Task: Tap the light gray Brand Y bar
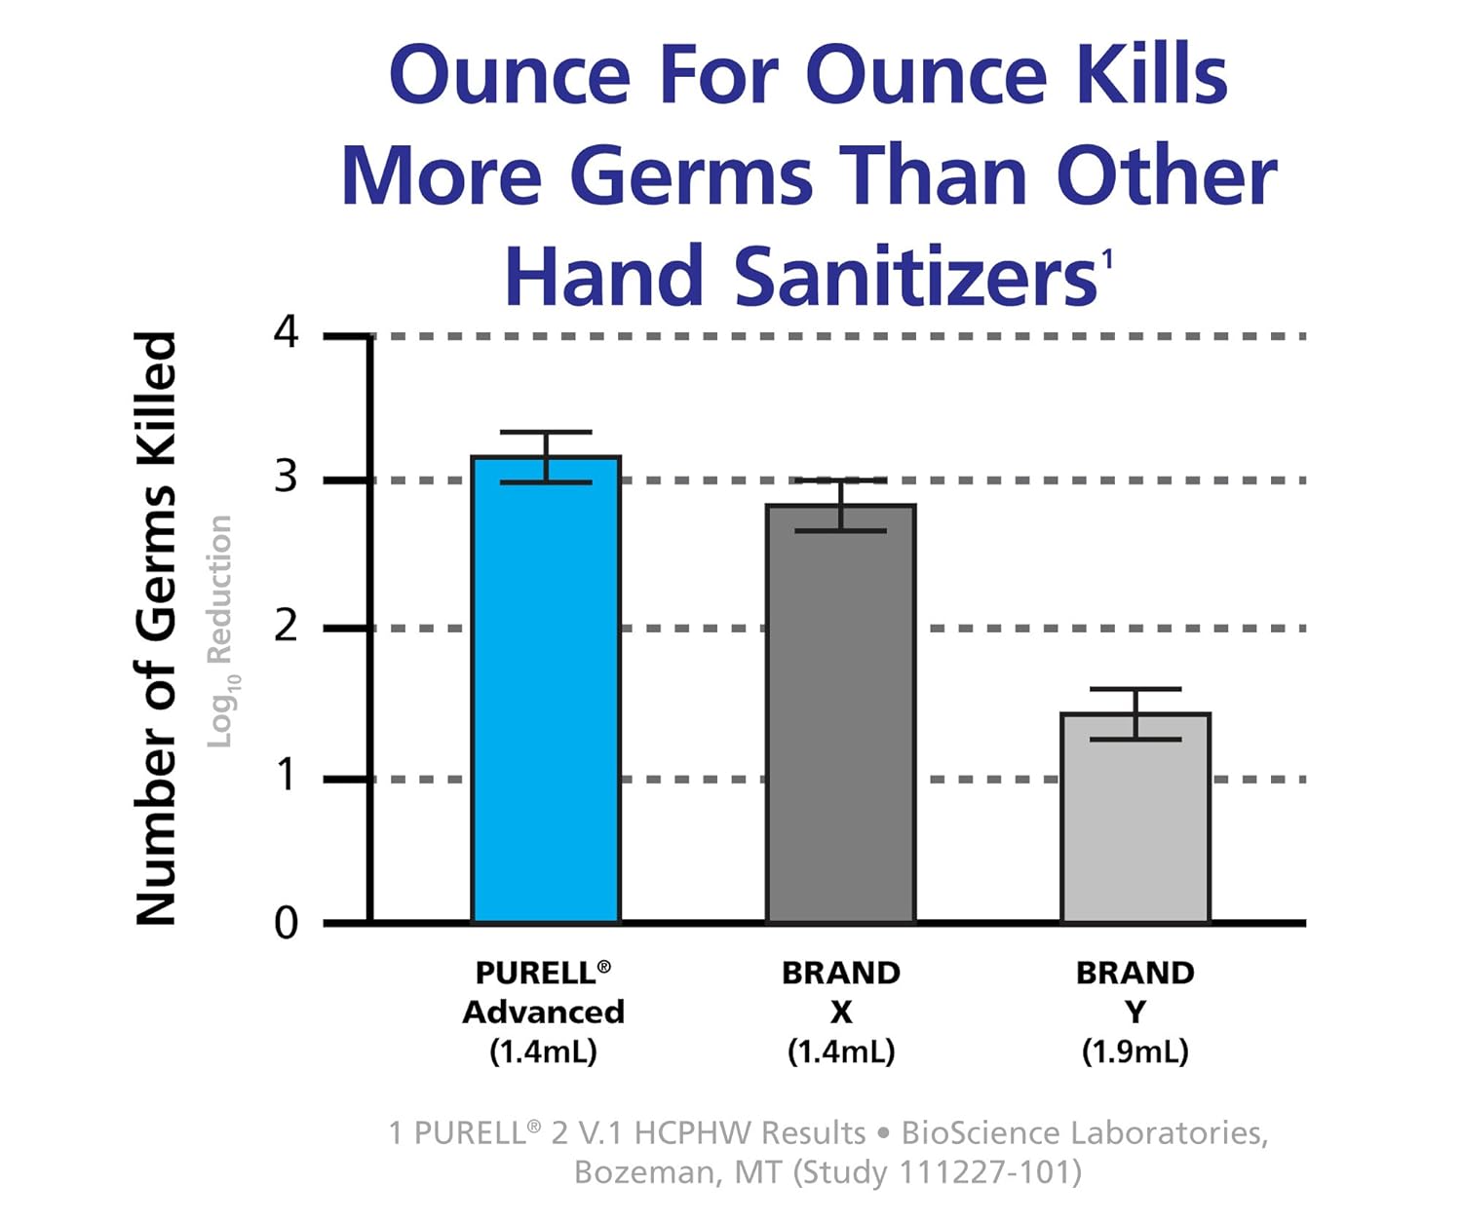tap(1135, 818)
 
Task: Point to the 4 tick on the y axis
tap(286, 333)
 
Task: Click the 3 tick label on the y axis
tap(286, 478)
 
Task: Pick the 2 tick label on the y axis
tap(286, 626)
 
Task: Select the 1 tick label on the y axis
tap(286, 777)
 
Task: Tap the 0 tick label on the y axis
tap(286, 922)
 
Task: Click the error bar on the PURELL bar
tap(546, 456)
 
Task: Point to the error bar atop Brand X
tap(840, 505)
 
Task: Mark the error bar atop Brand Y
tap(1135, 713)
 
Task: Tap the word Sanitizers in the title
tap(915, 277)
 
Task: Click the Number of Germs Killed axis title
tap(157, 629)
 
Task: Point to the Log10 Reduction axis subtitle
tap(221, 631)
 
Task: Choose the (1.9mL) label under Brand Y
tap(1135, 1052)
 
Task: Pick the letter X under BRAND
tap(841, 1014)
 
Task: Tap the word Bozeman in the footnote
tap(644, 1172)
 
